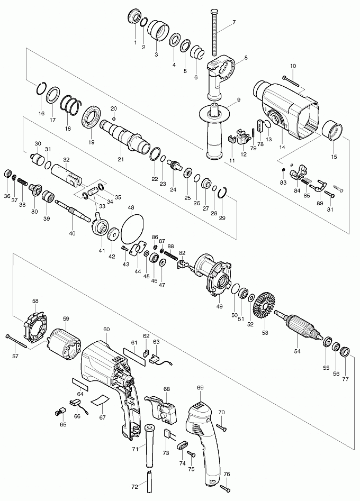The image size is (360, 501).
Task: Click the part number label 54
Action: point(298,350)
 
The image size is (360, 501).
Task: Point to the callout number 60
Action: point(106,329)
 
